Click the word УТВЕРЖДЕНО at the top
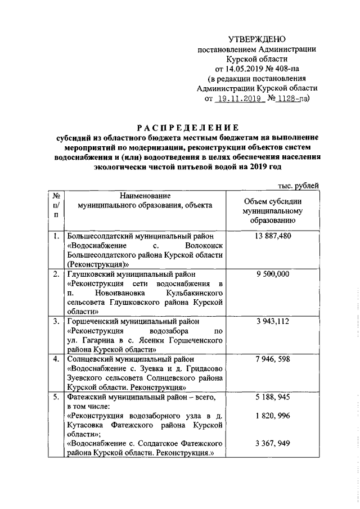pyautogui.click(x=257, y=39)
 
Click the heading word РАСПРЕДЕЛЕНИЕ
pyautogui.click(x=186, y=127)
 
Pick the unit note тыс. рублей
pyautogui.click(x=299, y=185)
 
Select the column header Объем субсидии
pyautogui.click(x=273, y=201)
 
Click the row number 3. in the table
pyautogui.click(x=56, y=321)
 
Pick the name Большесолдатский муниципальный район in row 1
pyautogui.click(x=139, y=236)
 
